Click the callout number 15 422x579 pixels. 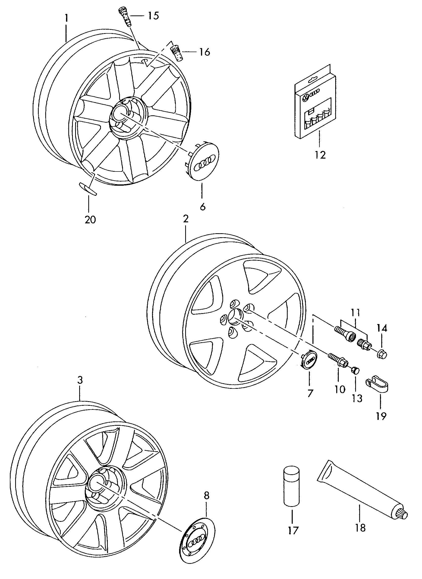[x=153, y=16]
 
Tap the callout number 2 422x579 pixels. [x=186, y=219]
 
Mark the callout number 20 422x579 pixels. [x=90, y=219]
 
